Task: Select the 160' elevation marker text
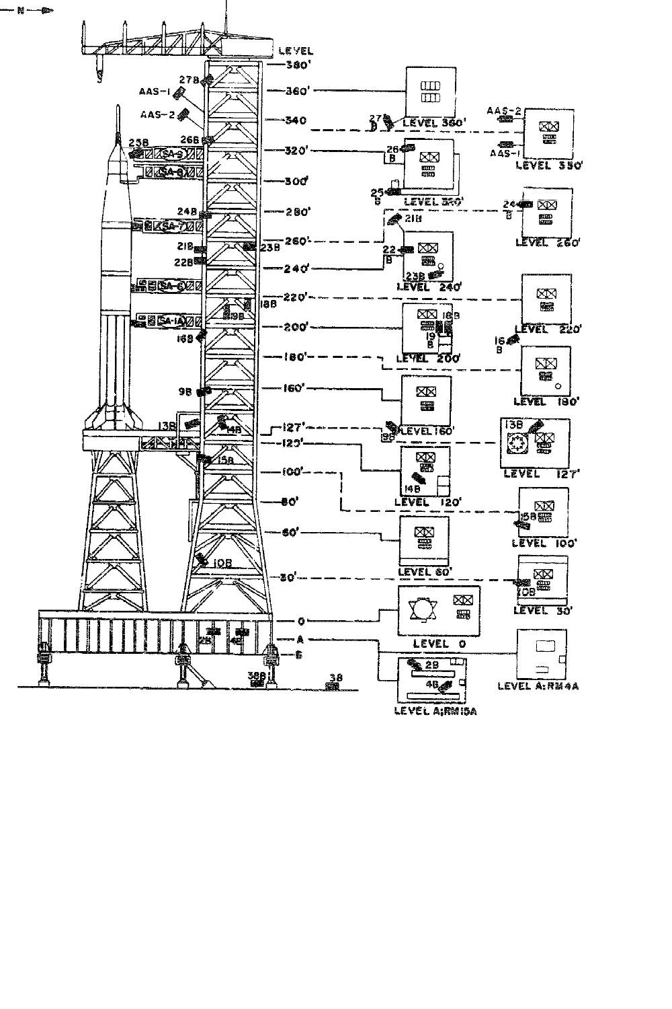[x=294, y=388]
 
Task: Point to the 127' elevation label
[x=294, y=426]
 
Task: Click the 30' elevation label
[x=288, y=578]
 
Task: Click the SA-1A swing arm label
[x=170, y=322]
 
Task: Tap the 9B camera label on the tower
[x=185, y=390]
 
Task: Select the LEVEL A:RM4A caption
[x=538, y=686]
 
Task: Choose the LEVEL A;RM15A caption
[x=435, y=712]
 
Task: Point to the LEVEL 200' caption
[x=428, y=359]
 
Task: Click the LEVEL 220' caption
[x=548, y=330]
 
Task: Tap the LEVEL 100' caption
[x=545, y=543]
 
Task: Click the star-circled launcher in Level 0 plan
[x=422, y=610]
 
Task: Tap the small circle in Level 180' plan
[x=558, y=386]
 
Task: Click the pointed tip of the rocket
[x=118, y=108]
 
